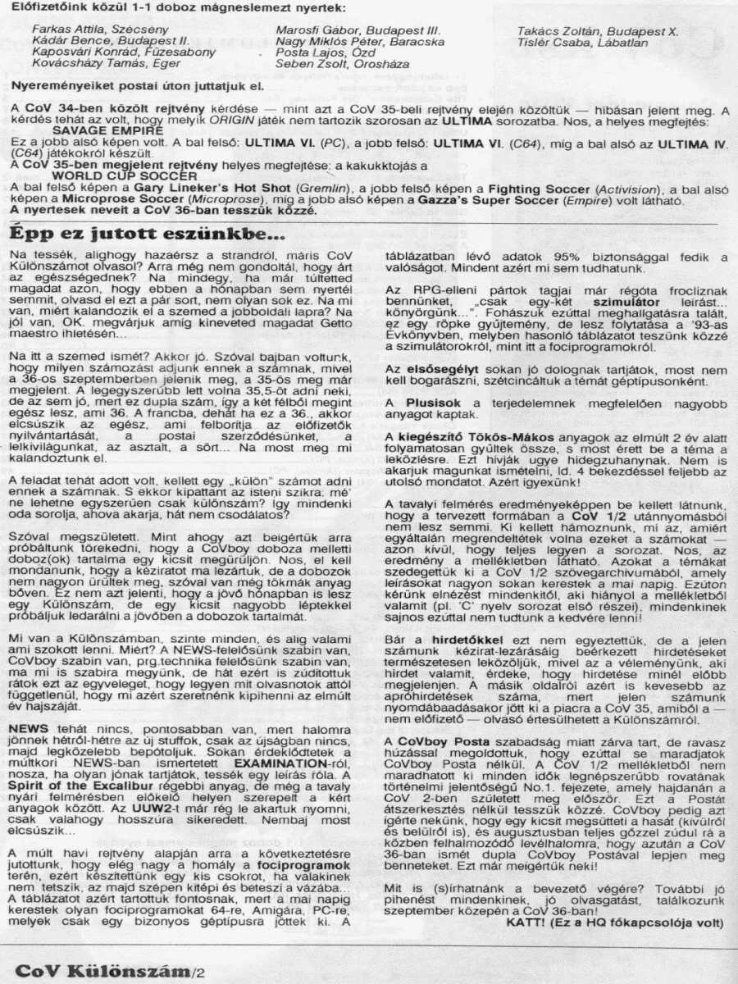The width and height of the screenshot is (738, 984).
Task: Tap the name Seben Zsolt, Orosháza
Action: pyautogui.click(x=335, y=63)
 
